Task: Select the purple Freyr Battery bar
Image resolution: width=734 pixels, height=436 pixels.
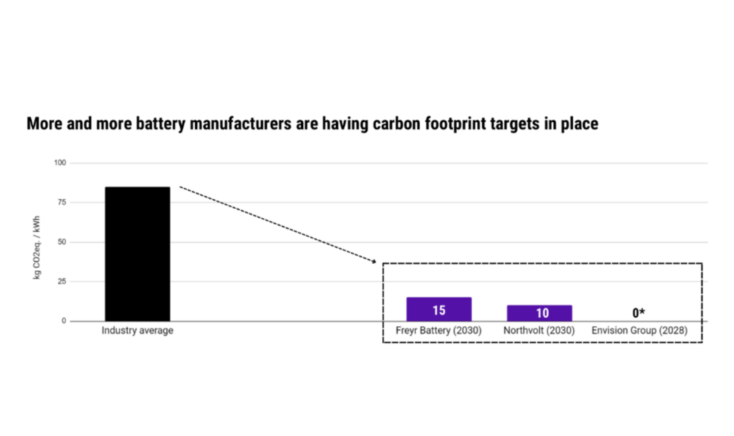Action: tap(439, 309)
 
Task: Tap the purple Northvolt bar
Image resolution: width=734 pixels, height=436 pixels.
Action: tap(539, 313)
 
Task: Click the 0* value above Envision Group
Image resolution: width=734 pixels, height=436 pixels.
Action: tap(639, 313)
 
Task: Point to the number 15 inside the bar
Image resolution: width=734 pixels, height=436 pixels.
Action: tap(439, 310)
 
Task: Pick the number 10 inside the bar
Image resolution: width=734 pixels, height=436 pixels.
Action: tap(542, 313)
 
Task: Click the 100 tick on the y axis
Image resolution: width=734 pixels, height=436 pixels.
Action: tap(60, 163)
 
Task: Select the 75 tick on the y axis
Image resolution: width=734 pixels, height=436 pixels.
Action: tap(62, 202)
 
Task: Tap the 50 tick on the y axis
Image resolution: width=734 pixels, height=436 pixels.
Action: tap(62, 242)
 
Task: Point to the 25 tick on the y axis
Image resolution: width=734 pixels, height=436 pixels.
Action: tap(62, 281)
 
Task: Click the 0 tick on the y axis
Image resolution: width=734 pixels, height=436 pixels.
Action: tap(64, 321)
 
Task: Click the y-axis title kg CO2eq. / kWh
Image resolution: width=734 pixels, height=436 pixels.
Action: tap(37, 248)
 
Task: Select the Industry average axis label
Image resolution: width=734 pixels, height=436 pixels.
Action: tap(137, 330)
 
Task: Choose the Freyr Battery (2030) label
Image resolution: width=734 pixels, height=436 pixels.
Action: tap(438, 330)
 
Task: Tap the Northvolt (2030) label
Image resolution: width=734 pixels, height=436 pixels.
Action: tap(539, 330)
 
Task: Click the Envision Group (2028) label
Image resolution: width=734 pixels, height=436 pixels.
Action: tap(639, 330)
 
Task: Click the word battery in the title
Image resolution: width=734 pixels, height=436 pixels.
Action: tap(160, 124)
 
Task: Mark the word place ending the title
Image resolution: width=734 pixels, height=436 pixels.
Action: tap(580, 124)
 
